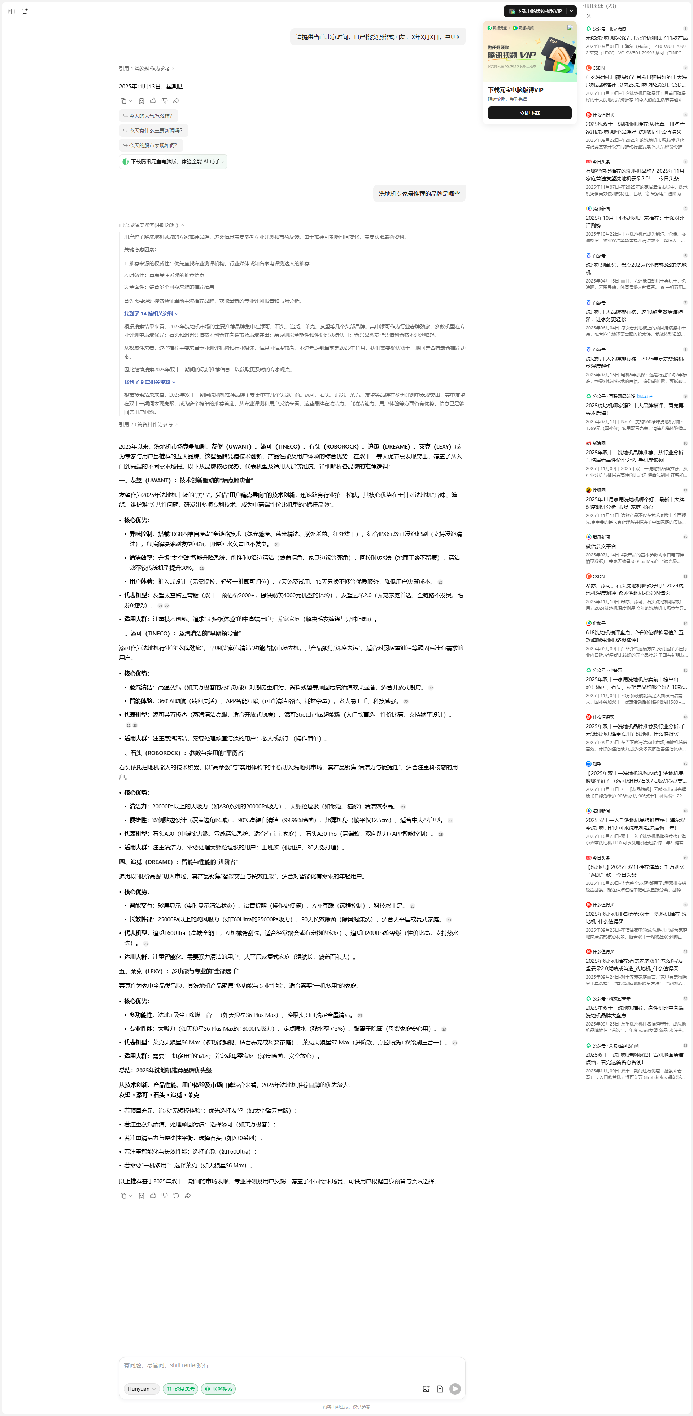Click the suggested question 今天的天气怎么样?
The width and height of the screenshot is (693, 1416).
(x=148, y=116)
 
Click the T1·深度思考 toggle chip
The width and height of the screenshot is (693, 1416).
(x=180, y=1389)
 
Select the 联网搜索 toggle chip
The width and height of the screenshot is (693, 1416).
(x=219, y=1389)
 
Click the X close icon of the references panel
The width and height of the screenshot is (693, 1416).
(x=588, y=16)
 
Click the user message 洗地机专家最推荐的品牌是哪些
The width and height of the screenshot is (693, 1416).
(x=419, y=193)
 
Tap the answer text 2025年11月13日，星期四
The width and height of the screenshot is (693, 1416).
(x=151, y=86)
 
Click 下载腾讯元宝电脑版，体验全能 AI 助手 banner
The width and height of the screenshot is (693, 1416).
(x=173, y=162)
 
